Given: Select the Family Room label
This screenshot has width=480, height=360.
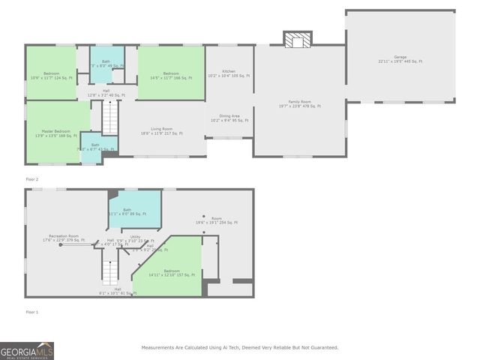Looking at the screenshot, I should point(299,103).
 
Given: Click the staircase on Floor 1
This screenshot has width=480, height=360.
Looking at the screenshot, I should point(111,274).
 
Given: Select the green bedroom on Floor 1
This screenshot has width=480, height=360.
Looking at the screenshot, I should point(172,273).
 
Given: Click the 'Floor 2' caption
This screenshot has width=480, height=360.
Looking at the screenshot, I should point(31,179).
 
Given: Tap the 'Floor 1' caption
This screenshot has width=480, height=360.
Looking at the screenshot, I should point(31,311).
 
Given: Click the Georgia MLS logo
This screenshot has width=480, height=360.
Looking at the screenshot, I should point(27,350).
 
